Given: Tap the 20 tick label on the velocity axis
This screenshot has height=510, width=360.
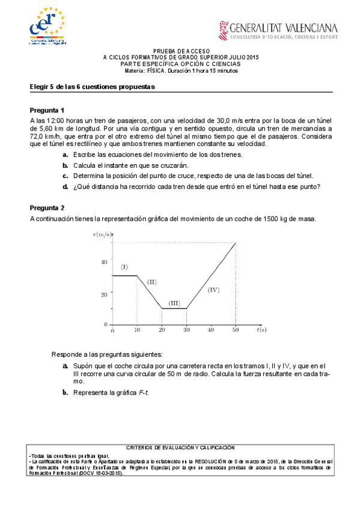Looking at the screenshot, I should coord(104,294).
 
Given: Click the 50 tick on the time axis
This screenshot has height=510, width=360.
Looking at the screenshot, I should coord(235,330).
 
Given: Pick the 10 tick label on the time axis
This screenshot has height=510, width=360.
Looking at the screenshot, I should coord(137,330).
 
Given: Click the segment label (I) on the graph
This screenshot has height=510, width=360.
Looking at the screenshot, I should coord(124,266).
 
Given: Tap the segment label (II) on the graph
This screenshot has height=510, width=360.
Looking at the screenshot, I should coord(152,281).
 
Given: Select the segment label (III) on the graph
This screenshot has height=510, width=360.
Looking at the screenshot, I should coord(174,303).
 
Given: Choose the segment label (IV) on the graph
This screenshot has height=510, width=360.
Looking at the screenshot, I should coord(214,290).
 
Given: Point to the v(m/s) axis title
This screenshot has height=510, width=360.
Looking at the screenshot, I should coord(102,235).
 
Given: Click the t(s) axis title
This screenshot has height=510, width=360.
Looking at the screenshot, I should coord(261,330).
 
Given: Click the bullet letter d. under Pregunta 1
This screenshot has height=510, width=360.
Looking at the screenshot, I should coord(65,186).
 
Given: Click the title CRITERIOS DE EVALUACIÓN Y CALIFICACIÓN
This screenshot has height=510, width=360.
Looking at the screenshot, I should coord(180,447).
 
